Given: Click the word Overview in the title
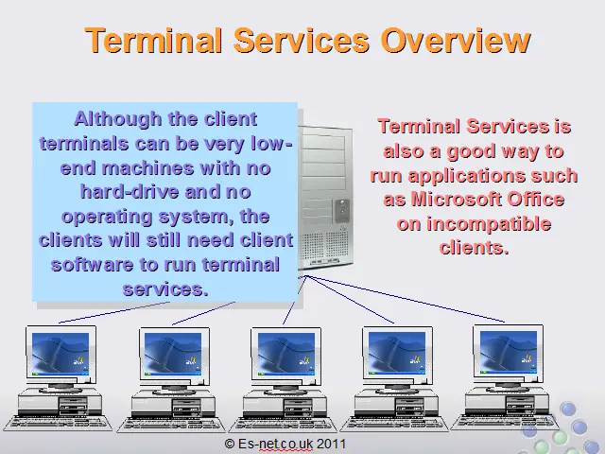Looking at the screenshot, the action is click(x=456, y=40).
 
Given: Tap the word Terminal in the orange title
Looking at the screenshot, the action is click(x=154, y=40).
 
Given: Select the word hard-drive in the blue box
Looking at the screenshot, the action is click(x=130, y=192).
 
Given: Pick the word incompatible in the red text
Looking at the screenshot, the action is click(x=474, y=224).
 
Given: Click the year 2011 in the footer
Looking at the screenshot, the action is click(x=331, y=444).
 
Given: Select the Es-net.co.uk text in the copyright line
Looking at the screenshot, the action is click(x=275, y=444).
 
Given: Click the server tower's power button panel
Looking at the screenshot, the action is click(x=342, y=211).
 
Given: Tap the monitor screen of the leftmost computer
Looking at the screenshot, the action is click(x=60, y=354).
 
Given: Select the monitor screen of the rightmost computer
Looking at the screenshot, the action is click(x=509, y=353).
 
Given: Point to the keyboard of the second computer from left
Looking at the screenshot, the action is click(x=171, y=425).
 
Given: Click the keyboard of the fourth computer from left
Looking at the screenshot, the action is click(x=394, y=424).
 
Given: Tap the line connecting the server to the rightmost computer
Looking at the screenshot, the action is click(x=406, y=299).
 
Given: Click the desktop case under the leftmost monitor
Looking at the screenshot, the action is click(x=60, y=403).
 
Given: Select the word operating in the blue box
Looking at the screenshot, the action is click(x=107, y=217).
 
